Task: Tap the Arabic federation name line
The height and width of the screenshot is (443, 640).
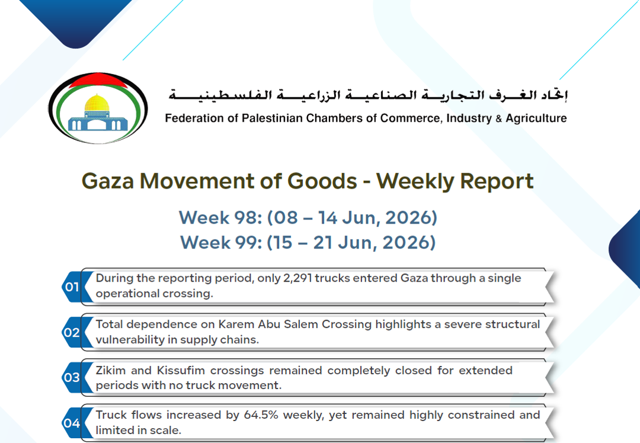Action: click(368, 95)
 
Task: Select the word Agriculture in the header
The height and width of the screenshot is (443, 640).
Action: click(536, 119)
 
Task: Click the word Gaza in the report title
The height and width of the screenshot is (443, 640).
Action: click(108, 181)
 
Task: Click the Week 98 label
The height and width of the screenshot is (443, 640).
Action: click(220, 218)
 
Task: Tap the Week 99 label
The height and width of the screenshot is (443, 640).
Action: click(221, 243)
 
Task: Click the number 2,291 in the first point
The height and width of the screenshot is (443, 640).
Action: click(297, 278)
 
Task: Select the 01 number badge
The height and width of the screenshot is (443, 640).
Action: click(72, 286)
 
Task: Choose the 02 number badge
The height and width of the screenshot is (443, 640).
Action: click(72, 332)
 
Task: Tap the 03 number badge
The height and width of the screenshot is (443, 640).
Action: click(72, 377)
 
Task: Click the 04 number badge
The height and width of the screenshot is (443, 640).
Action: click(72, 423)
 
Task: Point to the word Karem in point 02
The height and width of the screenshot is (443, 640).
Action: click(233, 324)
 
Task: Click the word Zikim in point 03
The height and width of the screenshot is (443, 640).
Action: click(111, 370)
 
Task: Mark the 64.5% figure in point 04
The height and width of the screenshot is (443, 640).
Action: click(261, 415)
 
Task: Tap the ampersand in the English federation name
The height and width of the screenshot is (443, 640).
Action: click(498, 119)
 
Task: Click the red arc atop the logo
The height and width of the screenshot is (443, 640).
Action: click(98, 79)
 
